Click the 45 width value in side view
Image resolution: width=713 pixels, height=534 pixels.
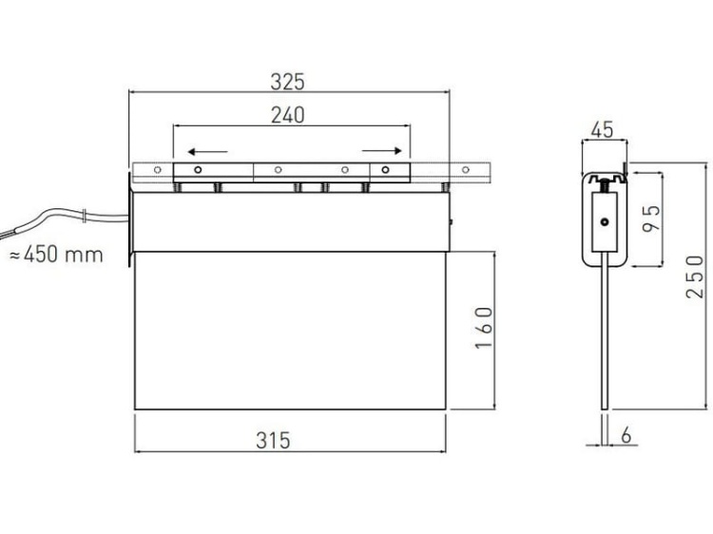point(601,130)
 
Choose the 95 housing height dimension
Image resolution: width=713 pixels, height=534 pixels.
point(652,219)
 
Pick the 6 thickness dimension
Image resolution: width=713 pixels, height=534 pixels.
point(625,434)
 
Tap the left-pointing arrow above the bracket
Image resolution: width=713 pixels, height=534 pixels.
point(208,150)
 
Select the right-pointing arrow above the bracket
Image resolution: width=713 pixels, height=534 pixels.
point(379,150)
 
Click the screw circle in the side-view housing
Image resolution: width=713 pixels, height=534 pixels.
point(603,224)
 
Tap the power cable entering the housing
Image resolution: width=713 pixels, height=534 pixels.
point(67,217)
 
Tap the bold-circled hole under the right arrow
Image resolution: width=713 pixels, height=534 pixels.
point(385,171)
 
